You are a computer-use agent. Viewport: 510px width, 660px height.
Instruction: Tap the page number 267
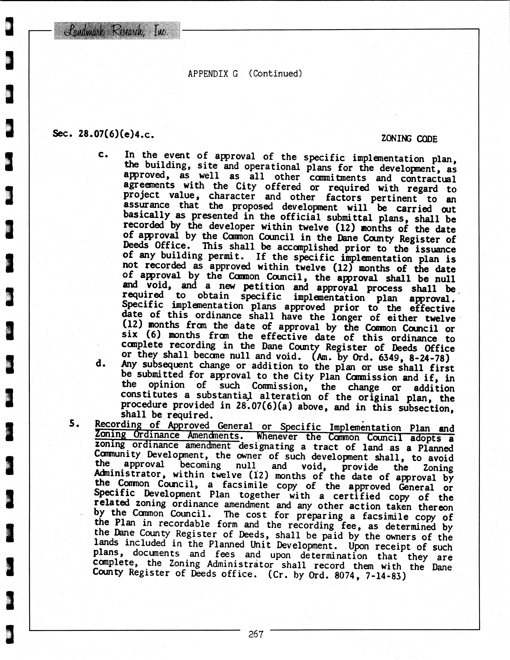(x=256, y=634)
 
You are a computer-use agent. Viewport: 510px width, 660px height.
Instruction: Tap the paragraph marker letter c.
(x=103, y=155)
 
